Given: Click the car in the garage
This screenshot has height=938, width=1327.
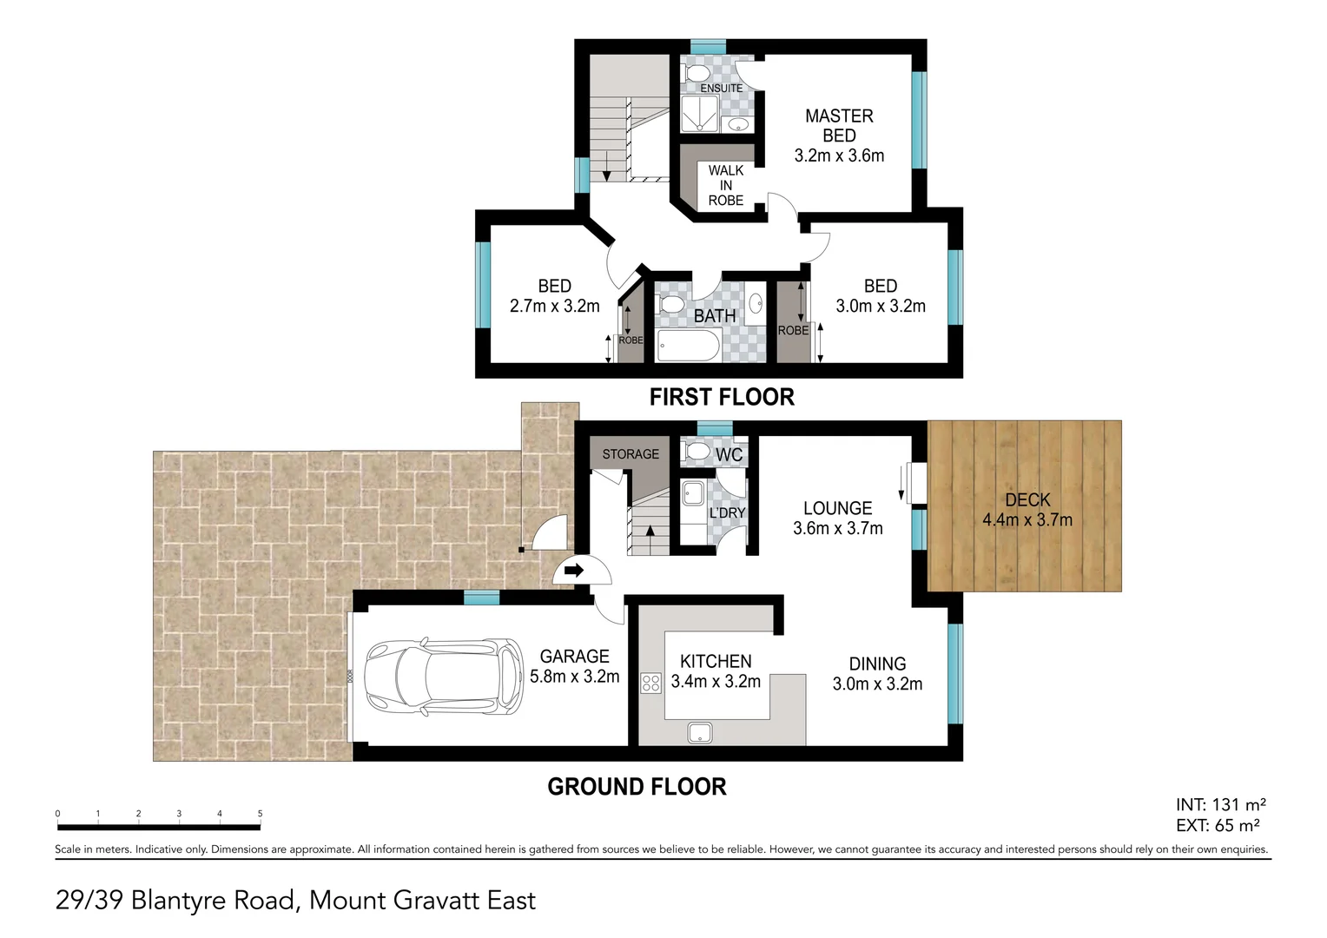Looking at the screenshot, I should click(443, 677).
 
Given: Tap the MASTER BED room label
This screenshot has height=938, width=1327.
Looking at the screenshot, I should click(839, 125).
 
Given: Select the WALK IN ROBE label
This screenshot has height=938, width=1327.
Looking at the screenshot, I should click(725, 185).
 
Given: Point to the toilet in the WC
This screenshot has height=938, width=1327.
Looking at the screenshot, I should click(697, 452).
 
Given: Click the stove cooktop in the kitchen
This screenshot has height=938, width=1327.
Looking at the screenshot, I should click(650, 683).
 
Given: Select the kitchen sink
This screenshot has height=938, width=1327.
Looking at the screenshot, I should click(700, 733).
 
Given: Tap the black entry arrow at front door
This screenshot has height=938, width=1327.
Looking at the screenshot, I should click(573, 571).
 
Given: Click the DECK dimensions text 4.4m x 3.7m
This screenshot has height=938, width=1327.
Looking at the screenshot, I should click(1027, 520).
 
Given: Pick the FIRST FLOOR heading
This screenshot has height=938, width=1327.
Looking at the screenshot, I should click(722, 397).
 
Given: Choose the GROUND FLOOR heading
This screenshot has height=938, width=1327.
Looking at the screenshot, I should click(637, 787).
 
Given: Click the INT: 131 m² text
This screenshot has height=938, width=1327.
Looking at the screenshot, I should click(1220, 805).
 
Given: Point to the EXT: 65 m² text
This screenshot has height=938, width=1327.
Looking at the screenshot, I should click(1218, 826).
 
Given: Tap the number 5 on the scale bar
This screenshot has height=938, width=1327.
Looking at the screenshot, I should click(260, 814).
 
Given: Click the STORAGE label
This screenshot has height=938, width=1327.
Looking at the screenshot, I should click(630, 454).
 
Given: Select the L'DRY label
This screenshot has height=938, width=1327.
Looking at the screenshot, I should click(727, 512).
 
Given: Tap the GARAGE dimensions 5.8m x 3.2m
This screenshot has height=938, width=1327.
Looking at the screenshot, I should click(575, 677).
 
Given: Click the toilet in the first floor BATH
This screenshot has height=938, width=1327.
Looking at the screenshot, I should click(670, 306).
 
